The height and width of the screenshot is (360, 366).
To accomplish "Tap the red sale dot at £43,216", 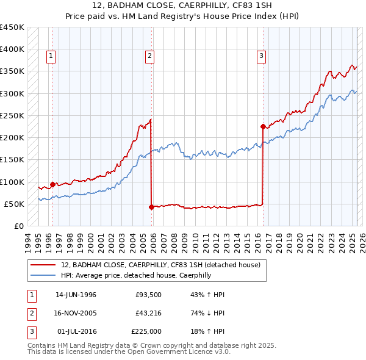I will tap(151, 207).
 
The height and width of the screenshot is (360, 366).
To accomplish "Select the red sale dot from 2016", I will tap(263, 127).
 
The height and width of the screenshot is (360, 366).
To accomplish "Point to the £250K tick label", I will tap(12, 115).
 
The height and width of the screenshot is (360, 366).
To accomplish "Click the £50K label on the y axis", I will tap(14, 204).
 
